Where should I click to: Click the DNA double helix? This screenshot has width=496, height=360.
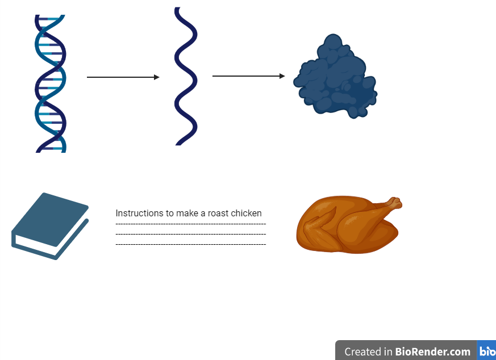tap(50, 83)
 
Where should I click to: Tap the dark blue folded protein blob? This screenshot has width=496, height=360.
tap(335, 78)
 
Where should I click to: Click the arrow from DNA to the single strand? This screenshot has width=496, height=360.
tap(123, 77)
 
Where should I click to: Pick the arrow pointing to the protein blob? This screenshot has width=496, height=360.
tap(248, 76)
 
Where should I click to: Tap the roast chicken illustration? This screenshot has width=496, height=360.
tap(347, 226)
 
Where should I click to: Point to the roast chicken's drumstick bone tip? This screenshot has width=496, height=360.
tap(395, 202)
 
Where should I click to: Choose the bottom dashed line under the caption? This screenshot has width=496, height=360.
tap(190, 244)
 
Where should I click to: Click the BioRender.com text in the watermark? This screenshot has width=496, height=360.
tap(433, 351)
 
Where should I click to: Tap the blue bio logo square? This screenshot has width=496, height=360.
tap(487, 351)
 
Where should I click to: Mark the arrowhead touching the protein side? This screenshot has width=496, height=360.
tap(282, 76)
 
